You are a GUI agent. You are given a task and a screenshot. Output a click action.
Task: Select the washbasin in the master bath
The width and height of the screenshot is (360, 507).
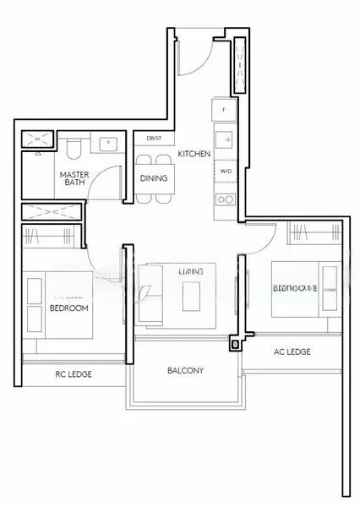coord(107,145)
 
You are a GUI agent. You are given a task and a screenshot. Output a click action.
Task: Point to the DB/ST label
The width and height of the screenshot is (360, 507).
coord(154,138)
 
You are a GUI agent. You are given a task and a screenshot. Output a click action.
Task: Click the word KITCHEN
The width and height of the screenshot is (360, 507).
coord(194,154)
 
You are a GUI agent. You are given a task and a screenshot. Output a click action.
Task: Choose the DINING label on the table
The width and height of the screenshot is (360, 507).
coord(153,178)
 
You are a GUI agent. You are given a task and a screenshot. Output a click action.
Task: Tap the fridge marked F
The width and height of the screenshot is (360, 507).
coord(224,111)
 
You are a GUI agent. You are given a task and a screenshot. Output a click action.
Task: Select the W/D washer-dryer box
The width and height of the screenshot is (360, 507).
coord(225,171)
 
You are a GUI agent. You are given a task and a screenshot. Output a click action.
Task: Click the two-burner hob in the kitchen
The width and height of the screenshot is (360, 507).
coord(225,199)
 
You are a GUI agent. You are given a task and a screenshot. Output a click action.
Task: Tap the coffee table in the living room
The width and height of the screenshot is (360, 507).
coord(191,292)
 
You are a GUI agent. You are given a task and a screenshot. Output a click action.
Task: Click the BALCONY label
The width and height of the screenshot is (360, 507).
coord(185,370)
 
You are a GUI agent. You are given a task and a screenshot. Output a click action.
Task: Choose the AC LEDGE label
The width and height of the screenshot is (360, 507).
coord(292,352)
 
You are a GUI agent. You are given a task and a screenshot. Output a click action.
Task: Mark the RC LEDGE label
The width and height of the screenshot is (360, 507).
coord(74,373)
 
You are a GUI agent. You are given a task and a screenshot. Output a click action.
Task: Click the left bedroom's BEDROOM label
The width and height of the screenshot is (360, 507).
coord(69,308)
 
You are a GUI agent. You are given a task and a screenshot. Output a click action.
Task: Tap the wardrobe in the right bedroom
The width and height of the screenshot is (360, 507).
coord(301,231)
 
